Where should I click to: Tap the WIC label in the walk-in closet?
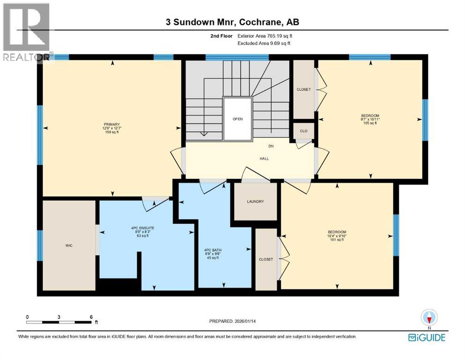pos(69,245)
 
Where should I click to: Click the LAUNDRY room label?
pos(255,202)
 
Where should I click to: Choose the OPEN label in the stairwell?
pos(237,119)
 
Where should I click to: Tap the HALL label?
pos(264,158)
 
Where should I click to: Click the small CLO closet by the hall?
pos(303,131)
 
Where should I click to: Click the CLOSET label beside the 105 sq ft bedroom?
pos(303,90)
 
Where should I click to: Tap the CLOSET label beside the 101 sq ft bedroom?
pos(266,259)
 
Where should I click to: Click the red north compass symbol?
pos(428,318)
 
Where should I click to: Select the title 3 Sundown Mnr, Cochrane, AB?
pos(232,22)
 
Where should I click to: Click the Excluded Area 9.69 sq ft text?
pos(264,43)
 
